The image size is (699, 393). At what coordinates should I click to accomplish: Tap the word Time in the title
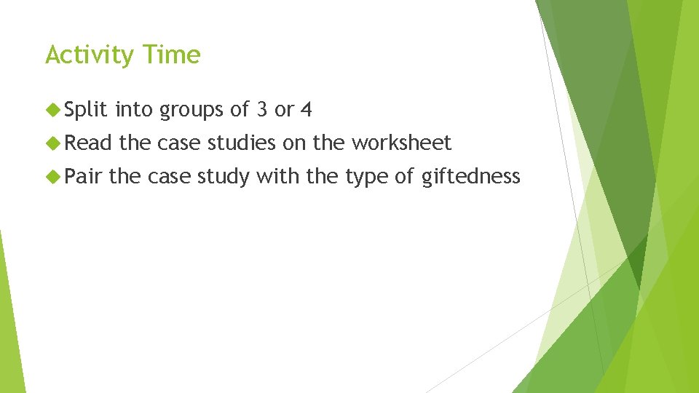tap(172, 55)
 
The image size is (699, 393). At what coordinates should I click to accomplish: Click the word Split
tap(86, 111)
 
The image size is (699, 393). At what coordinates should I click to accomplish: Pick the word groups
tap(191, 111)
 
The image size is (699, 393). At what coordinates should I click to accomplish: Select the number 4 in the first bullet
tap(307, 111)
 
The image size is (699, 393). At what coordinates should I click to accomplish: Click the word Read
tap(87, 143)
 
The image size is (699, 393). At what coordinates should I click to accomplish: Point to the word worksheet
tap(402, 143)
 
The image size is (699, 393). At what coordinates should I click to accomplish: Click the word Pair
tap(84, 176)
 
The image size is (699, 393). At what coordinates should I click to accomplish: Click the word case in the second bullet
tap(180, 143)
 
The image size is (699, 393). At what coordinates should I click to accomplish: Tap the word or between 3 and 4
tap(284, 111)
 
